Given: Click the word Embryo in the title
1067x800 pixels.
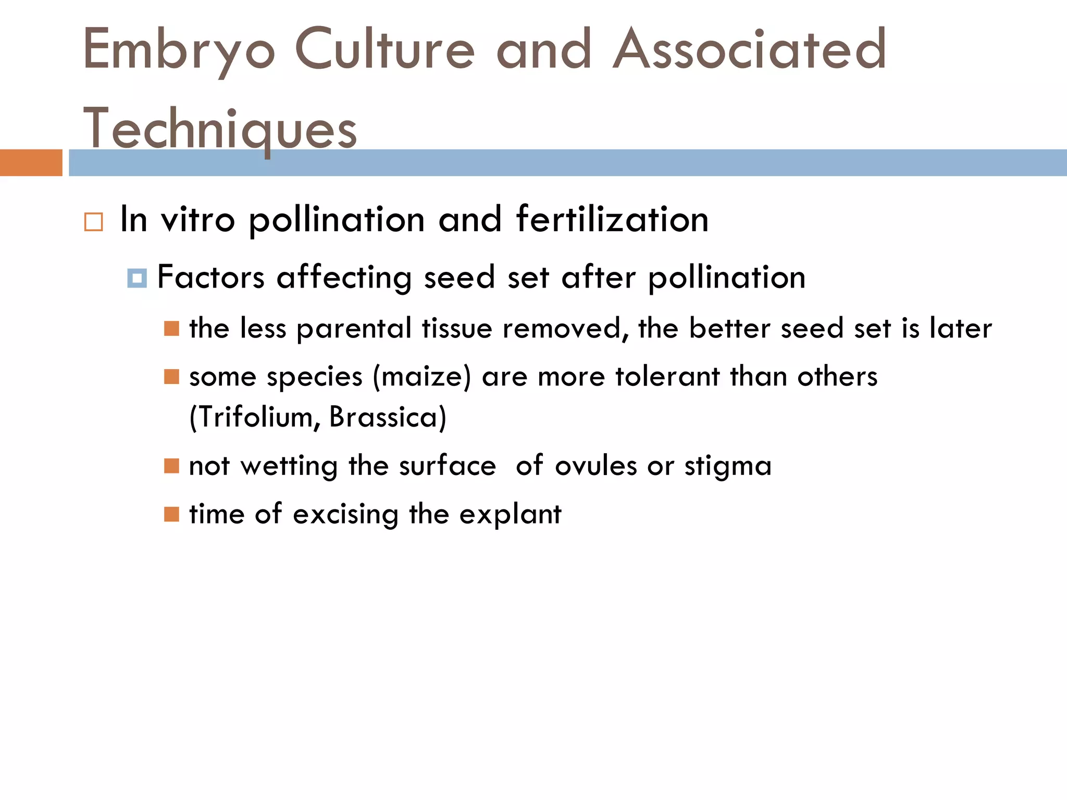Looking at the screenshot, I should pyautogui.click(x=179, y=50).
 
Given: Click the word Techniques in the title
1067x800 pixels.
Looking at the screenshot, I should pyautogui.click(x=220, y=129).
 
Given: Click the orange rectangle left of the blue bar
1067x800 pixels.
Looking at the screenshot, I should pyautogui.click(x=31, y=162).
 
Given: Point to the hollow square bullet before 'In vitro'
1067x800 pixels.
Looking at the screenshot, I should pyautogui.click(x=94, y=222).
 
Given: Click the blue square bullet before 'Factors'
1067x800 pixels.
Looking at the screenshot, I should pyautogui.click(x=137, y=278).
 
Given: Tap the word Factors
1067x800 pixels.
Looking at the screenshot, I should pyautogui.click(x=211, y=277).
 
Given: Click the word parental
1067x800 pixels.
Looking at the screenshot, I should pyautogui.click(x=354, y=329).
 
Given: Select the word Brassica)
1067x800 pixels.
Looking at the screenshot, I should pyautogui.click(x=388, y=417).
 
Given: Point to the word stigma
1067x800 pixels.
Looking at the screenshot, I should pyautogui.click(x=728, y=466).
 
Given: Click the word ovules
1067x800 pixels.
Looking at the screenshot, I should pyautogui.click(x=595, y=466).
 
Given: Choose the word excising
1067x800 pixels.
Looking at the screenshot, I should pyautogui.click(x=345, y=515).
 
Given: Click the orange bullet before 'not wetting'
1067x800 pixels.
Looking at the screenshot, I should pyautogui.click(x=171, y=466).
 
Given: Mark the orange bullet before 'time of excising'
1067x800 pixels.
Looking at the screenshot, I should pyautogui.click(x=171, y=515).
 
